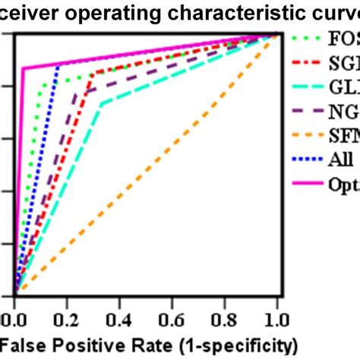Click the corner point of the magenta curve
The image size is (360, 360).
(24, 68)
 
